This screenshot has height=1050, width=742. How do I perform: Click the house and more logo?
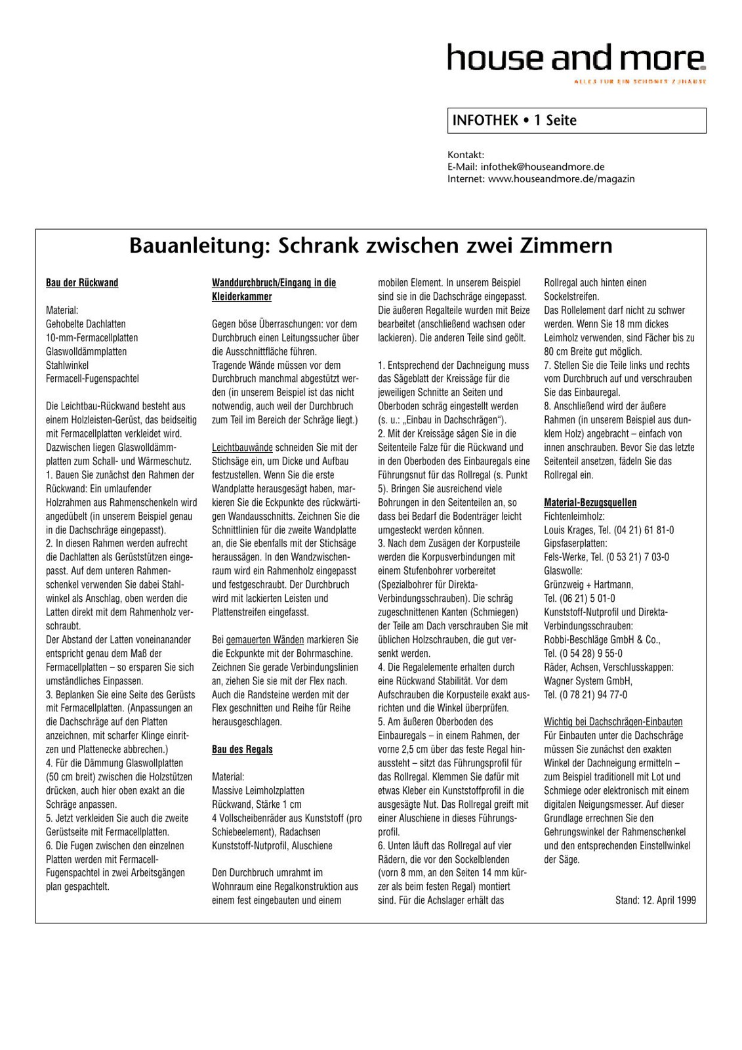(x=576, y=58)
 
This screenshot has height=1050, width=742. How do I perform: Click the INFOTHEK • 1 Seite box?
(x=576, y=121)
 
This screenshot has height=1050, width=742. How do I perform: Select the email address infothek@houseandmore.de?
(x=543, y=167)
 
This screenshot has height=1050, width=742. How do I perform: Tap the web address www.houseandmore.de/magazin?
(x=561, y=178)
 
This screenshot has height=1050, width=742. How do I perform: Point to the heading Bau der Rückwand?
(x=82, y=283)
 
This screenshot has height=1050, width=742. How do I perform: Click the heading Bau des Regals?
(x=242, y=749)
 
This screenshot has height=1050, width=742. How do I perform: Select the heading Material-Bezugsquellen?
(x=590, y=503)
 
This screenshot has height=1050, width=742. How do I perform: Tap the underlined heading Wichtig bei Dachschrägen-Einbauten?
(x=613, y=722)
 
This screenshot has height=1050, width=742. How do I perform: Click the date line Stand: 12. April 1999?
(x=655, y=900)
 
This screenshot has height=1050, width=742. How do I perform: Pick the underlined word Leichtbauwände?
(x=242, y=448)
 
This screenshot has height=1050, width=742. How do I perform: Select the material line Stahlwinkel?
(x=67, y=366)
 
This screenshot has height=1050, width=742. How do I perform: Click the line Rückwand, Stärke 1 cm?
(x=257, y=805)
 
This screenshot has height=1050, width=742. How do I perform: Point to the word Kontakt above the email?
(x=465, y=156)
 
